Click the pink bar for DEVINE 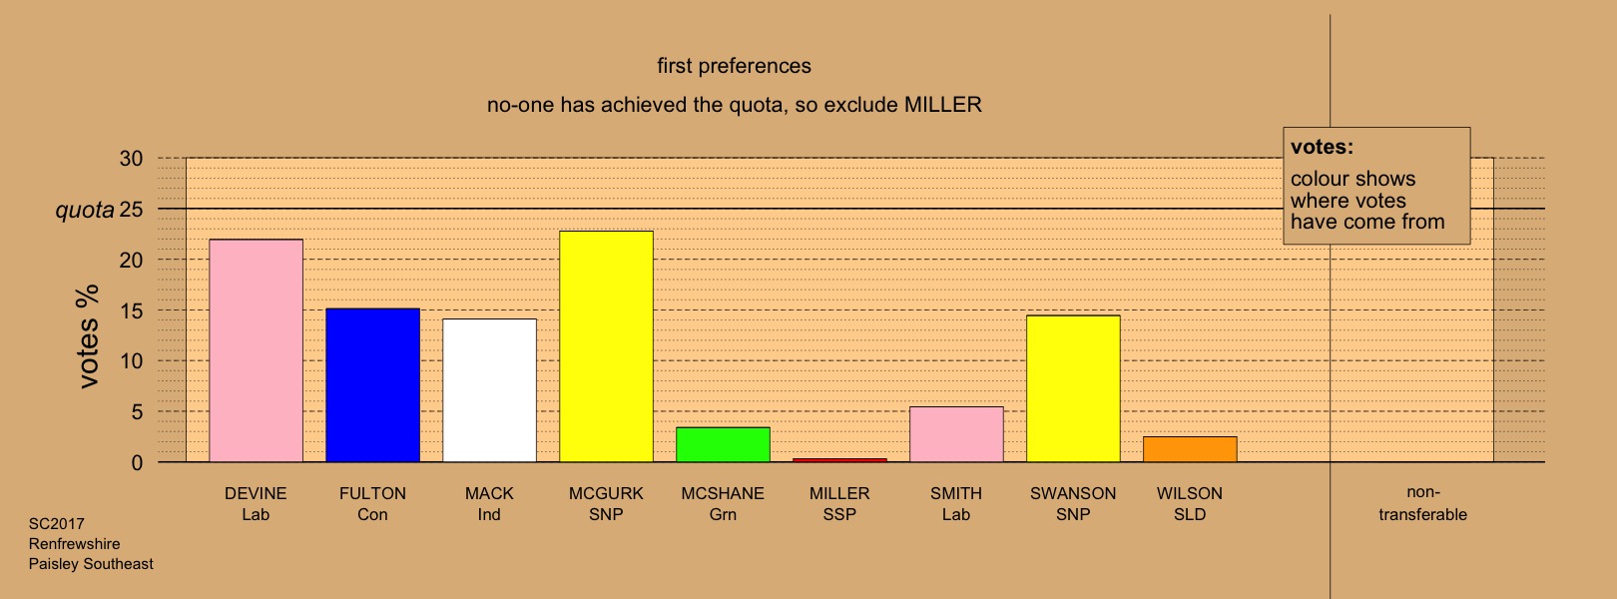pos(257,350)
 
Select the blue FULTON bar pos(372,385)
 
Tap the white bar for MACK pos(489,390)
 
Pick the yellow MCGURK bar pos(607,346)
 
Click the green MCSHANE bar pos(724,444)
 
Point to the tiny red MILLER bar pos(839,460)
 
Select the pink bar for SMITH pos(956,434)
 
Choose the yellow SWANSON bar pos(1073,389)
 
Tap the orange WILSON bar pos(1190,449)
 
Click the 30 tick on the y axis pos(132,159)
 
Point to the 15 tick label pos(132,311)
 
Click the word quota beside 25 pos(85,210)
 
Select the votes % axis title pos(88,337)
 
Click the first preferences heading pos(735,67)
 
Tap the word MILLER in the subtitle pos(943,105)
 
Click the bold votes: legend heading pos(1322,147)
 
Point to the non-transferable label pos(1422,503)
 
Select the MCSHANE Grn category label pos(723,504)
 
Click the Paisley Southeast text pos(91,564)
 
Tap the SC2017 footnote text pos(56,524)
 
